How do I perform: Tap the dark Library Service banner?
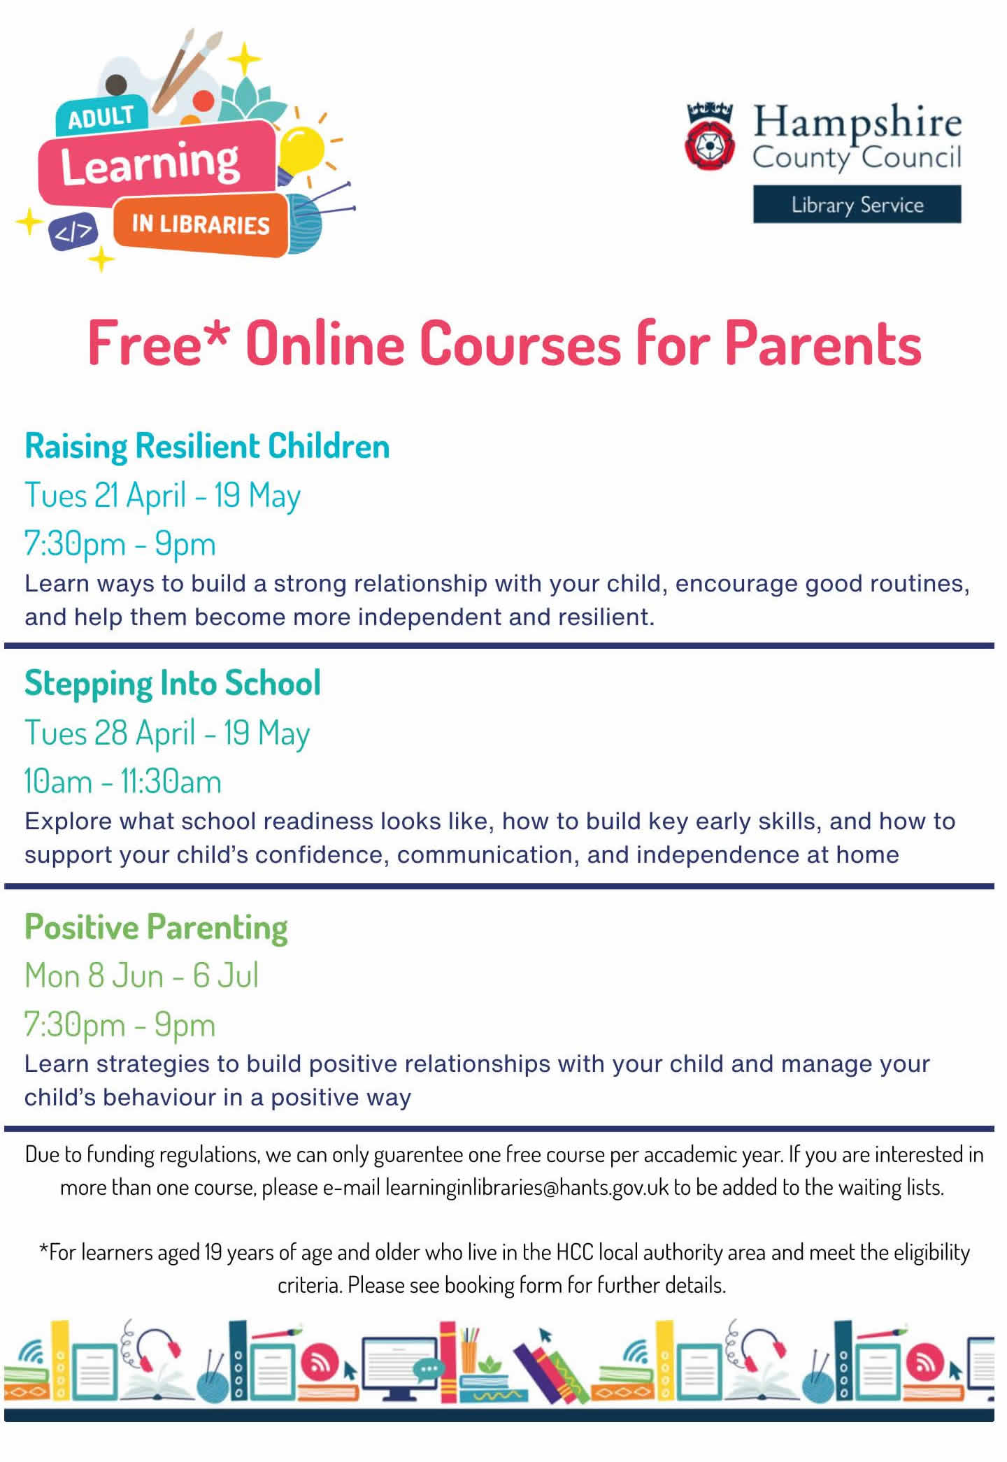(x=857, y=204)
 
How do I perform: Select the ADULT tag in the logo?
(x=101, y=117)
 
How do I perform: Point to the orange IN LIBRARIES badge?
(x=201, y=224)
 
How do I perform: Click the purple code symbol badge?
(x=73, y=231)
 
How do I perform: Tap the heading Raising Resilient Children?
(x=207, y=446)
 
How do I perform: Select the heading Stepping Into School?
(x=173, y=683)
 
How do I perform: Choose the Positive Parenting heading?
(x=156, y=927)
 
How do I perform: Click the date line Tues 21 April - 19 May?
(x=162, y=496)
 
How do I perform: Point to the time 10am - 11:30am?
(x=122, y=782)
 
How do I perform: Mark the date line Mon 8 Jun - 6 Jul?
(x=141, y=976)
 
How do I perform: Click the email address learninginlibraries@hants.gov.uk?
(x=527, y=1187)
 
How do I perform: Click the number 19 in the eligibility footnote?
(x=213, y=1252)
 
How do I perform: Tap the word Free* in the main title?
(x=158, y=344)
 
